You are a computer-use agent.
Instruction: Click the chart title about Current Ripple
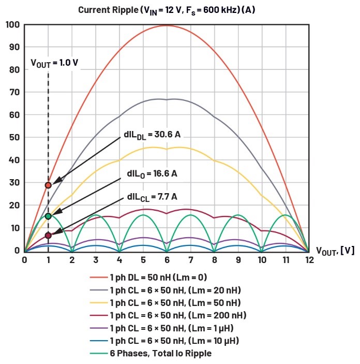coord(167,10)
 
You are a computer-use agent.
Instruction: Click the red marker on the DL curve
coord(48,185)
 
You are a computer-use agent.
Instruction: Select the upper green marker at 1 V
coord(48,216)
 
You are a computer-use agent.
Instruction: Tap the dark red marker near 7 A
coord(48,235)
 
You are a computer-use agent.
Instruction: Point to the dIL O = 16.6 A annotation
coord(152,174)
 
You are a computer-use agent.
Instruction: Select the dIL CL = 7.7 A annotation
coord(152,197)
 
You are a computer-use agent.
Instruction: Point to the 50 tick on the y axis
coord(14,137)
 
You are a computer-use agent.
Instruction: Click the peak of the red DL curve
coord(167,25)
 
